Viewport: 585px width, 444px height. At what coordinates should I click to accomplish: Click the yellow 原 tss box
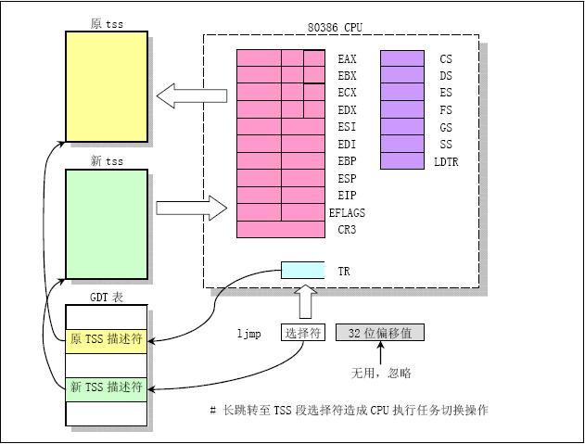pos(107,86)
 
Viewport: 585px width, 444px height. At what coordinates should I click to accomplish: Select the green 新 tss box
pos(107,224)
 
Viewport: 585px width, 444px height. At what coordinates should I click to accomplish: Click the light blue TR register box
pos(302,270)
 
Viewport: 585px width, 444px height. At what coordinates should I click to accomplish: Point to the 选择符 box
pos(303,333)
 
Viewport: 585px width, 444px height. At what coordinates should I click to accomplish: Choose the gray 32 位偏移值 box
pos(380,333)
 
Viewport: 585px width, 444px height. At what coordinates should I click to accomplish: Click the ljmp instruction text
pos(248,333)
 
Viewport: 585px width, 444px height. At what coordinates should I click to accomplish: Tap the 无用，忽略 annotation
pos(381,373)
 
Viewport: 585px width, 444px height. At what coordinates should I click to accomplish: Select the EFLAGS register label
pos(347,212)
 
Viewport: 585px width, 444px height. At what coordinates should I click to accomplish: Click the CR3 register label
pos(347,230)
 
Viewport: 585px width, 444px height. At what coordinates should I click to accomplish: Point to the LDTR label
pos(446,161)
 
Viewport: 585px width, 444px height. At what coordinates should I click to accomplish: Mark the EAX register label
pos(347,58)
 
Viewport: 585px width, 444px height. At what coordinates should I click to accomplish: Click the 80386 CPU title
pos(335,28)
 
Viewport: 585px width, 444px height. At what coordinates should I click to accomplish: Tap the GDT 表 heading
pos(107,298)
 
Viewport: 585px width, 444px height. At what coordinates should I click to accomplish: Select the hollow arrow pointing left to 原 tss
pos(192,95)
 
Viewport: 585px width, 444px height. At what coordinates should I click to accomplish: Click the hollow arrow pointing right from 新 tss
pos(192,208)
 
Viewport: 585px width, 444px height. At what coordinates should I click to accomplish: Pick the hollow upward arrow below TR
pos(306,301)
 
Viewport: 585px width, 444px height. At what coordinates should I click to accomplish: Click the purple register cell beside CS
pos(402,58)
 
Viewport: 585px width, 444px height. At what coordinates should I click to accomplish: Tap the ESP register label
pos(347,178)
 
